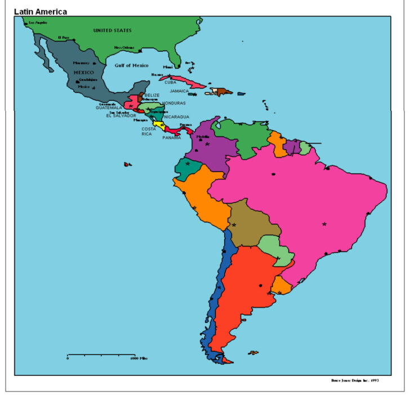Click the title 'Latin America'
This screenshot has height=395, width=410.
(40, 11)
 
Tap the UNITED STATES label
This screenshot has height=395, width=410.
(112, 30)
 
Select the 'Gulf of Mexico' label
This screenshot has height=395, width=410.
(131, 66)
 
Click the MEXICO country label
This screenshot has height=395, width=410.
(84, 72)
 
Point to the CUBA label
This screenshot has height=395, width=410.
(170, 83)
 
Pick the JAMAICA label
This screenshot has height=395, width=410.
(180, 91)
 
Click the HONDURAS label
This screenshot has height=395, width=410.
(173, 103)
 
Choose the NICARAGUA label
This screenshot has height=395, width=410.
(176, 117)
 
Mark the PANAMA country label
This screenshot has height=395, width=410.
(172, 137)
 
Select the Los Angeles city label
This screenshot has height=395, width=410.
(38, 23)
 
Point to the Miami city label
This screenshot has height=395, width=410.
(168, 67)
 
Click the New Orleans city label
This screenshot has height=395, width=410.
(124, 48)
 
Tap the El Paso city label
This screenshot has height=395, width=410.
(63, 38)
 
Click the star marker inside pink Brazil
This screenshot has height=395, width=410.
(324, 224)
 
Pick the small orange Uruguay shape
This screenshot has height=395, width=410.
(282, 287)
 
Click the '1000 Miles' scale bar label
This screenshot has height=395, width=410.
(140, 358)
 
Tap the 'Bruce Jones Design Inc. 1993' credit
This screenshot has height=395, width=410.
(355, 381)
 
